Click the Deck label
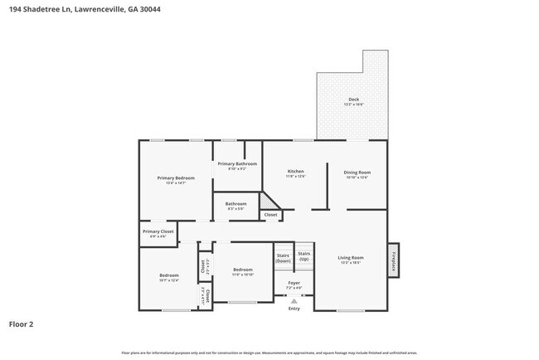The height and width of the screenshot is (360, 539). [353, 99]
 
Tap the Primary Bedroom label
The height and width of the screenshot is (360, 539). [177, 178]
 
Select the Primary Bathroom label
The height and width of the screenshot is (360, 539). [237, 163]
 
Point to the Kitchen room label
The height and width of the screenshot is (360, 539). [296, 172]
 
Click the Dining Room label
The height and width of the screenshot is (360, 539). [357, 172]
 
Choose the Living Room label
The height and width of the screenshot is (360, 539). [351, 258]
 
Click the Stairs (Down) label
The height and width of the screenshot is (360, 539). [284, 258]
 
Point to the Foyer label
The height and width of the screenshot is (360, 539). [294, 282]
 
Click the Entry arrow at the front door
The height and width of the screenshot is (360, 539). [294, 302]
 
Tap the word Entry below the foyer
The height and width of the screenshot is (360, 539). [294, 309]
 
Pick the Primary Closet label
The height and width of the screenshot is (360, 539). [158, 231]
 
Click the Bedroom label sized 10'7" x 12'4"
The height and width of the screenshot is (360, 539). [169, 275]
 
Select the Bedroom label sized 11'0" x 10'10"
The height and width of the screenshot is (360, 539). [242, 270]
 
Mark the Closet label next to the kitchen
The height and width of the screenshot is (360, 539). [270, 215]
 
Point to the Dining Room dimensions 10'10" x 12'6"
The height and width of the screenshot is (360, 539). [357, 177]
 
